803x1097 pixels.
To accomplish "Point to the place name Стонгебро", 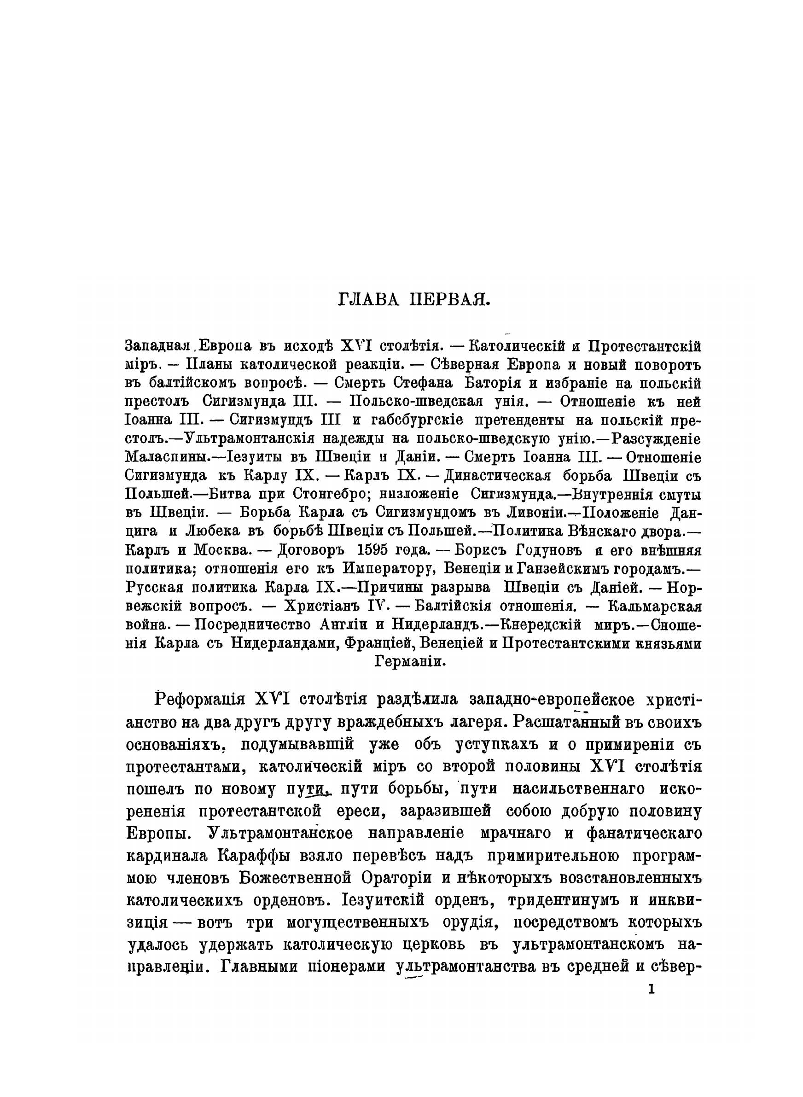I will (330, 494).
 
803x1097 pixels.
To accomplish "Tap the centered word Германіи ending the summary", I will (410, 661).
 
